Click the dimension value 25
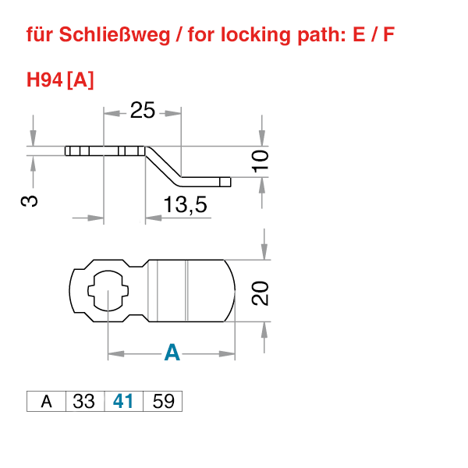pos(142,111)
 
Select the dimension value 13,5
pos(185,205)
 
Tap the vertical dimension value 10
pos(261,161)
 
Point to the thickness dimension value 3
pos(29,200)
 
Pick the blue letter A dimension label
pos(172,353)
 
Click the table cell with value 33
pos(83,402)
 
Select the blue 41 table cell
pos(123,402)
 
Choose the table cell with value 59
pos(163,402)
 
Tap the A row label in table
pos(46,402)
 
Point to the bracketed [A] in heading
pos(81,80)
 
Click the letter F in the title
pos(388,35)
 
